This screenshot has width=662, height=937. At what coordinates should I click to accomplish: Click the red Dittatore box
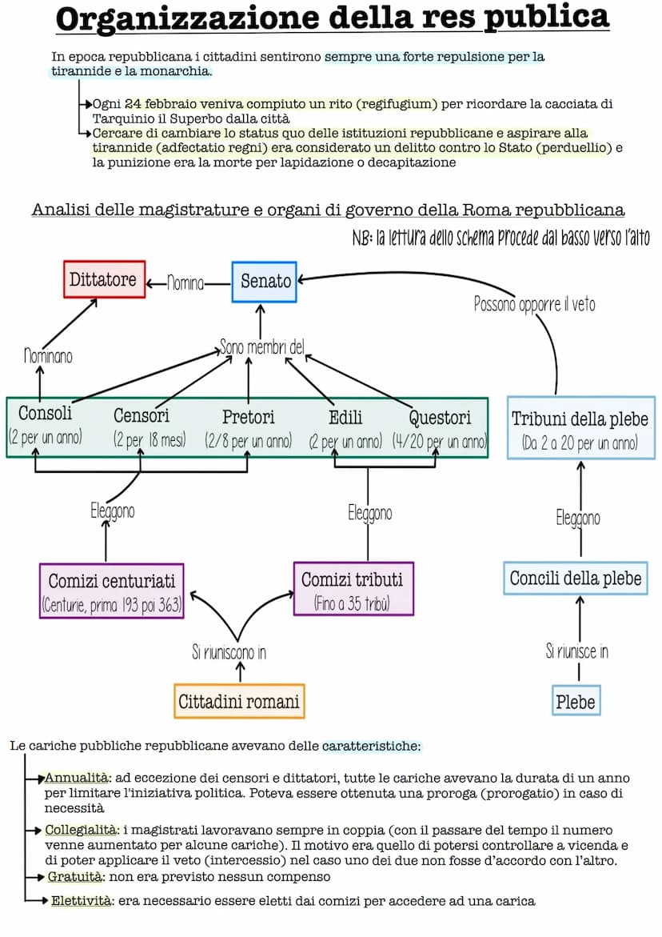click(x=104, y=279)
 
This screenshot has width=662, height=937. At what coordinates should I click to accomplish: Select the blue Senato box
click(x=264, y=282)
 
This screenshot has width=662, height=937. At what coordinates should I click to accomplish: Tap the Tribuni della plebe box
click(x=580, y=429)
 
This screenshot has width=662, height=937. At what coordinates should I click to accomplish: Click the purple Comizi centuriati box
click(x=111, y=591)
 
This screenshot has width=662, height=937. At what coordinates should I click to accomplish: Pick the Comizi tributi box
click(x=353, y=588)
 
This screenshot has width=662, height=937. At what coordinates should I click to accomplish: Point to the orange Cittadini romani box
click(x=239, y=701)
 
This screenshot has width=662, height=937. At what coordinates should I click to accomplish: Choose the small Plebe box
click(x=576, y=701)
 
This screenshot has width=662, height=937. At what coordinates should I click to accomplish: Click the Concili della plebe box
click(x=576, y=578)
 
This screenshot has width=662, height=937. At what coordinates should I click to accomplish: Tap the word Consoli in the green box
click(x=45, y=414)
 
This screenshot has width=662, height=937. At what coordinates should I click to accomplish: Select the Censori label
click(x=142, y=416)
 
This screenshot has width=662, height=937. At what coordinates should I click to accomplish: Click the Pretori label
click(x=248, y=417)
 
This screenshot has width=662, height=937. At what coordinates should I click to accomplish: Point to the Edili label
click(x=345, y=417)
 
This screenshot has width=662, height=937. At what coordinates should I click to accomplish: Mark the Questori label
click(x=440, y=417)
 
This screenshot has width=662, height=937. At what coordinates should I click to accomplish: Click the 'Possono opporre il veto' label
click(x=534, y=304)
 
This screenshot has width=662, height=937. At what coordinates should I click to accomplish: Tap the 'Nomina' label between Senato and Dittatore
click(x=185, y=282)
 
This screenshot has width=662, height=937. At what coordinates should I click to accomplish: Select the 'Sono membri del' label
click(x=262, y=347)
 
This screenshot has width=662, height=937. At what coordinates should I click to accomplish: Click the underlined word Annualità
click(x=77, y=778)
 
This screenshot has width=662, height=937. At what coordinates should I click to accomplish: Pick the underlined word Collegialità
click(x=82, y=830)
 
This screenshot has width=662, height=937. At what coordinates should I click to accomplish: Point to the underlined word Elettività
click(x=82, y=901)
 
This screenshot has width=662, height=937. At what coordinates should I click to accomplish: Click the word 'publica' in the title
click(x=546, y=18)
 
